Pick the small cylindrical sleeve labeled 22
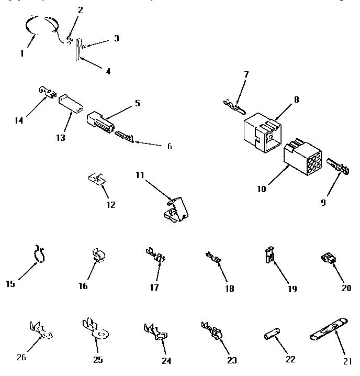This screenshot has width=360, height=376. [x=271, y=335]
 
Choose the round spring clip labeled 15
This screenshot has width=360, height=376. [x=39, y=252]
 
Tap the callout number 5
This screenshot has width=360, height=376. [x=137, y=103]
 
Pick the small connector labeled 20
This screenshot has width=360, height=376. [x=328, y=258]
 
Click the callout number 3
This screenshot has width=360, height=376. [x=116, y=38]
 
